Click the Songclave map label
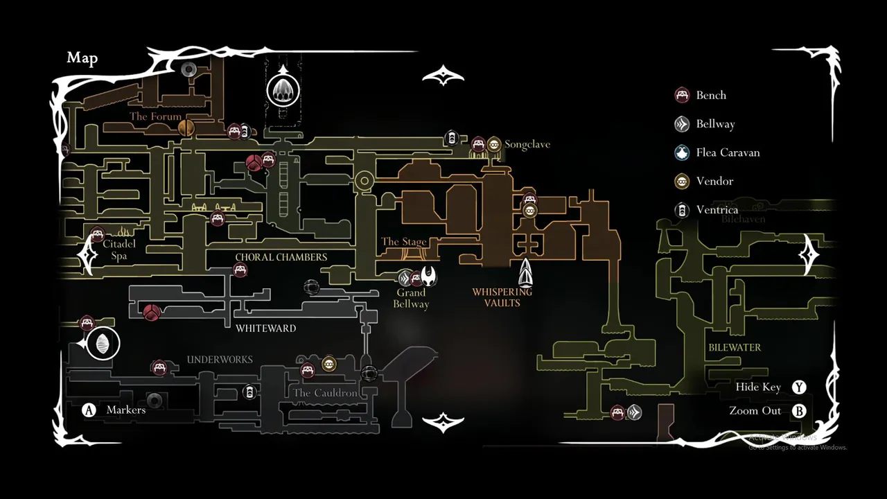click(527, 144)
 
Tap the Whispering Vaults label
click(502, 297)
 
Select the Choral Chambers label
click(281, 257)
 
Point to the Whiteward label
click(265, 328)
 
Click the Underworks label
click(220, 360)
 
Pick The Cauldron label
click(325, 393)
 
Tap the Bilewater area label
click(735, 347)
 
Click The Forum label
click(155, 116)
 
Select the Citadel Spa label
click(119, 249)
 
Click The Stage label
click(403, 242)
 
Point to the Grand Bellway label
click(411, 298)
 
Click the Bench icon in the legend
click(682, 95)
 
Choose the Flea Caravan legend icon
click(682, 152)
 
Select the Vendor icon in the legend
click(682, 181)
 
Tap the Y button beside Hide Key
click(799, 387)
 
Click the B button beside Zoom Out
click(799, 411)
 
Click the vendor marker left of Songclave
click(493, 144)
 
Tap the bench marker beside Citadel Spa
click(97, 234)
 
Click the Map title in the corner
click(82, 58)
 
